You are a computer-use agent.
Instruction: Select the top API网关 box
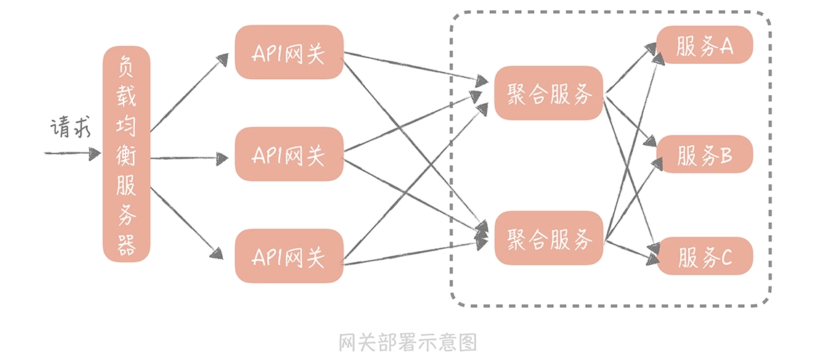point(288,52)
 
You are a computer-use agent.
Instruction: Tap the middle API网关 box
point(288,155)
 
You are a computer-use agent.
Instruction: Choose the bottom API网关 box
point(288,256)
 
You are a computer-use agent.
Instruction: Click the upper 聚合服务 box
point(549,94)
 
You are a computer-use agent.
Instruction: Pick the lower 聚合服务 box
point(549,238)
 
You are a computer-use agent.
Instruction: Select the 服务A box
point(704,46)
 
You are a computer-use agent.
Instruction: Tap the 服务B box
point(704,155)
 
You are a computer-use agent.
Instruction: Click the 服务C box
point(704,256)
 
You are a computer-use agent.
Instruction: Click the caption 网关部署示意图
point(407,341)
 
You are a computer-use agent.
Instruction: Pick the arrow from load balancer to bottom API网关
point(187,222)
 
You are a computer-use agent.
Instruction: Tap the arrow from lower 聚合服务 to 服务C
point(630,249)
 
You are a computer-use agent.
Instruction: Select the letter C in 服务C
point(725,257)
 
